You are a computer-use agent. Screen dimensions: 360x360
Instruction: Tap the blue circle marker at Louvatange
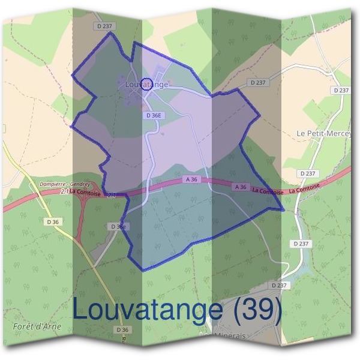[x=145, y=83]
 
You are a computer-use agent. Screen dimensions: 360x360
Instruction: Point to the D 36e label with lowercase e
[x=118, y=226]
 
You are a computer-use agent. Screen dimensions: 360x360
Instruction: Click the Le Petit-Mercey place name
[x=324, y=133]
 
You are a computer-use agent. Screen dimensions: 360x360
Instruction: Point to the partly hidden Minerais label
[x=228, y=337]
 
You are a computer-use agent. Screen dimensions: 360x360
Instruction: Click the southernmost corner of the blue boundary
[x=142, y=270]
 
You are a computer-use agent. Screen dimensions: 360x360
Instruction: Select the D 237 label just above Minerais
[x=280, y=285]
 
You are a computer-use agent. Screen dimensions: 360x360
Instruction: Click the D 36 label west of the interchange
[x=53, y=222]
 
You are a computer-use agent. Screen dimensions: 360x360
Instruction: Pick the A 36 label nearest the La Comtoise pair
[x=241, y=187]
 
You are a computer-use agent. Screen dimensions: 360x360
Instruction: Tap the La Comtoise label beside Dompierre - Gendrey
[x=85, y=192]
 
